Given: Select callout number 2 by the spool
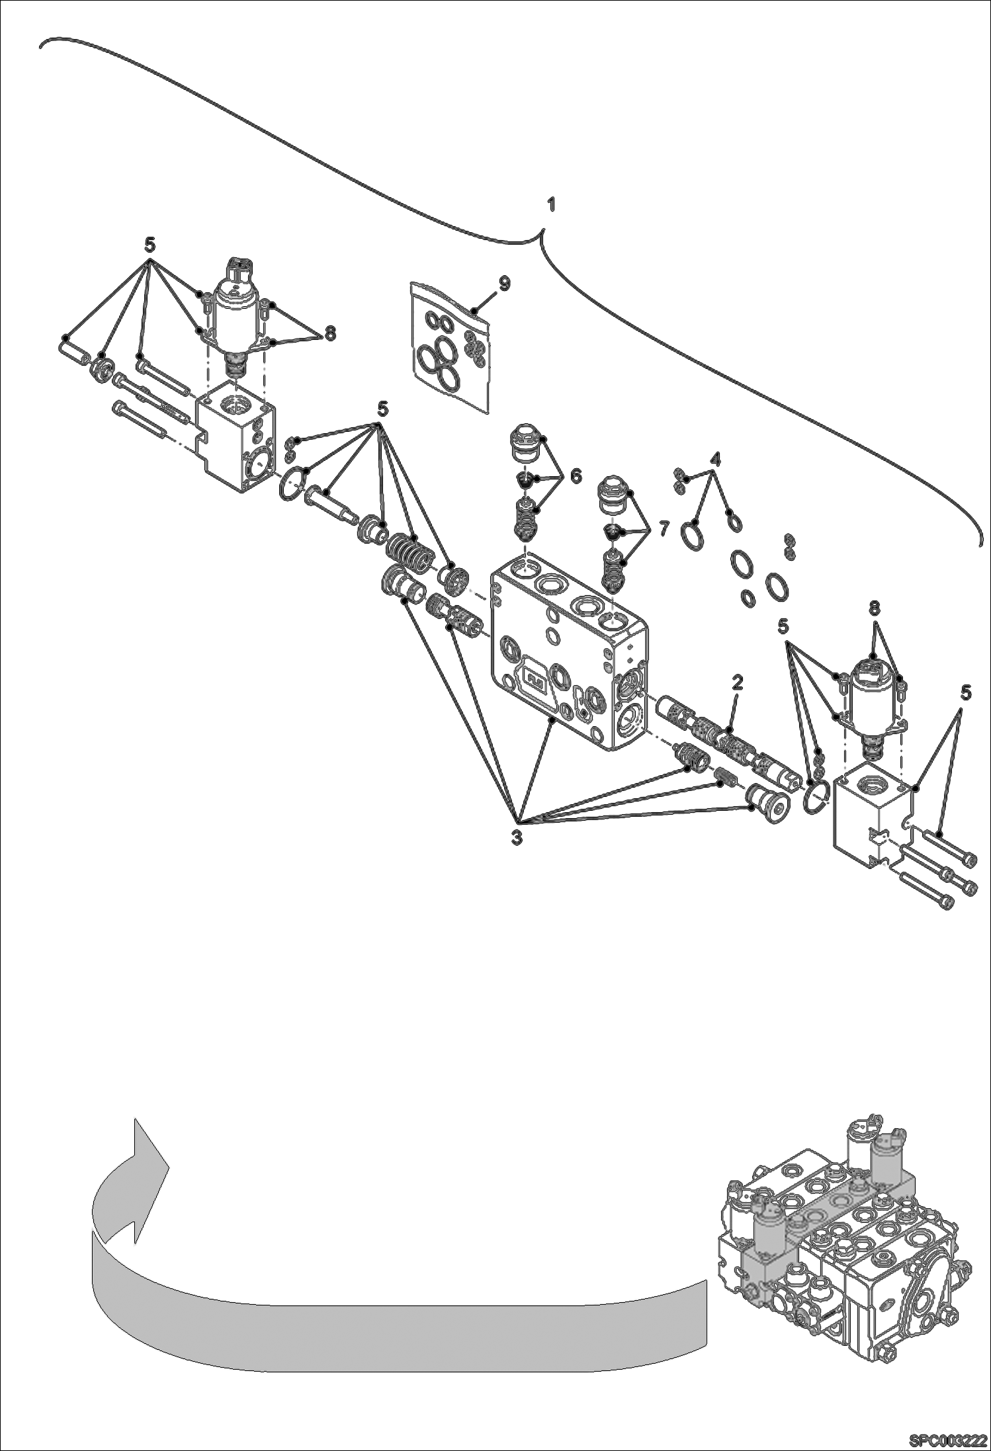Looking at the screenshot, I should point(736,683).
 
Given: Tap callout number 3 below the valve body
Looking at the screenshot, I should point(517,835).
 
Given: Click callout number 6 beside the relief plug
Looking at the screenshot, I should point(575,476).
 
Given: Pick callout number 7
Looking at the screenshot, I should point(664,528).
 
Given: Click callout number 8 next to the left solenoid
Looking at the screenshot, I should point(329,333).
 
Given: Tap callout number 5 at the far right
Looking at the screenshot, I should point(965,692).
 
